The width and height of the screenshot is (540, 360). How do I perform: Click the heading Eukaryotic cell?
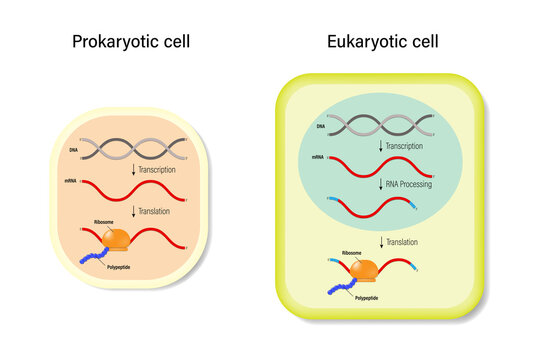pos(382,42)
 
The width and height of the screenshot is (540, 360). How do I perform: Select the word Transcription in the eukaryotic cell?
pos(410,146)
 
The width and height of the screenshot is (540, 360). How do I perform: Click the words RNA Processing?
pos(415,183)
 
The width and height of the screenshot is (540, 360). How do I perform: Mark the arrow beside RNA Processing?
pos(380,183)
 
